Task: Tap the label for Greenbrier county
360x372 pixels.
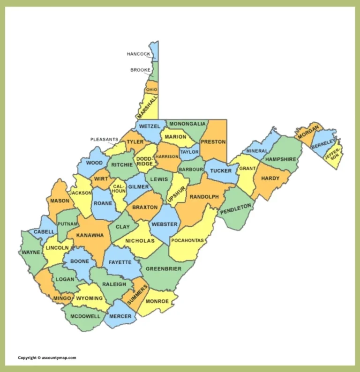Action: point(164,269)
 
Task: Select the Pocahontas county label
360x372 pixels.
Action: point(187,240)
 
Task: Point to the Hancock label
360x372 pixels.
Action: point(139,54)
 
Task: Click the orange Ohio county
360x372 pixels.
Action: point(151,89)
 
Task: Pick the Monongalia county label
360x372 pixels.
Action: point(187,124)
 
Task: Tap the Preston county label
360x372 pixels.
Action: point(213,141)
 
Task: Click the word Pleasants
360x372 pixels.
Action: point(104,139)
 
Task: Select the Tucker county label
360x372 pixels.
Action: point(221,171)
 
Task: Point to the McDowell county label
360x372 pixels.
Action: point(85,316)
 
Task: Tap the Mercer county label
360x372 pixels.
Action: point(120,316)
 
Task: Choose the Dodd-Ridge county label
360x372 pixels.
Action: point(145,161)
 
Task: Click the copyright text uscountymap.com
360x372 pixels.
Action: point(47,357)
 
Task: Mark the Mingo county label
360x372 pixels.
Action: point(62,298)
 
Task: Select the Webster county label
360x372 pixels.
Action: point(165,224)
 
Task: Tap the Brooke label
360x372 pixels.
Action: point(140,70)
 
